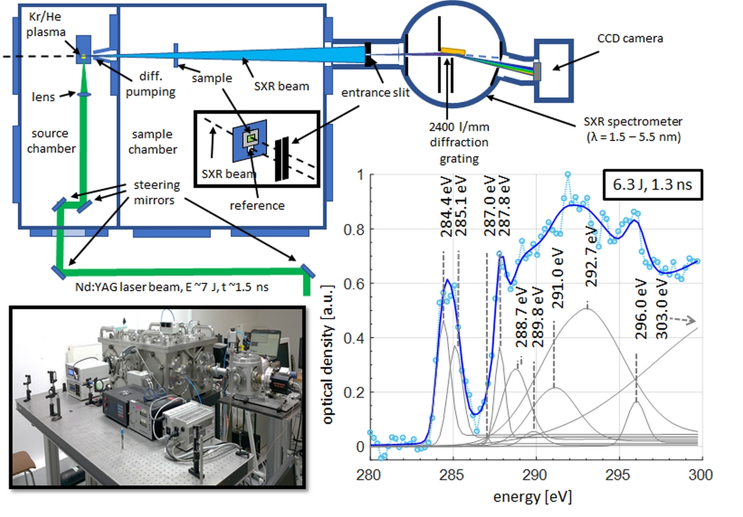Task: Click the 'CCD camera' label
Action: [x=631, y=39]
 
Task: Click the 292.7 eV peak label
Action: [x=593, y=255]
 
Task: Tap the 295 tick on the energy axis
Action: [x=619, y=475]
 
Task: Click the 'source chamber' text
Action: [x=50, y=141]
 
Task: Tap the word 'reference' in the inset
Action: [x=257, y=205]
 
